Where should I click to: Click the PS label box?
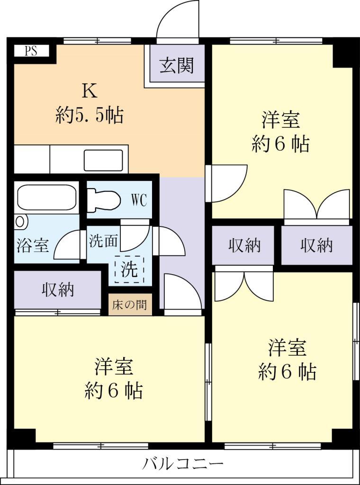coord(31,51)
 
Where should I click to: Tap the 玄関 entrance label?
coord(176,65)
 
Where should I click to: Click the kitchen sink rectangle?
coord(103,160)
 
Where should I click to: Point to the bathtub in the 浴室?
coord(46,197)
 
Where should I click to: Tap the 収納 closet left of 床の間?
coord(58,289)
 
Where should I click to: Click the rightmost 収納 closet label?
coord(316,245)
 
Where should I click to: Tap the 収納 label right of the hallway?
coord(244,245)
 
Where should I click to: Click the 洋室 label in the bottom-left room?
coord(113,378)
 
